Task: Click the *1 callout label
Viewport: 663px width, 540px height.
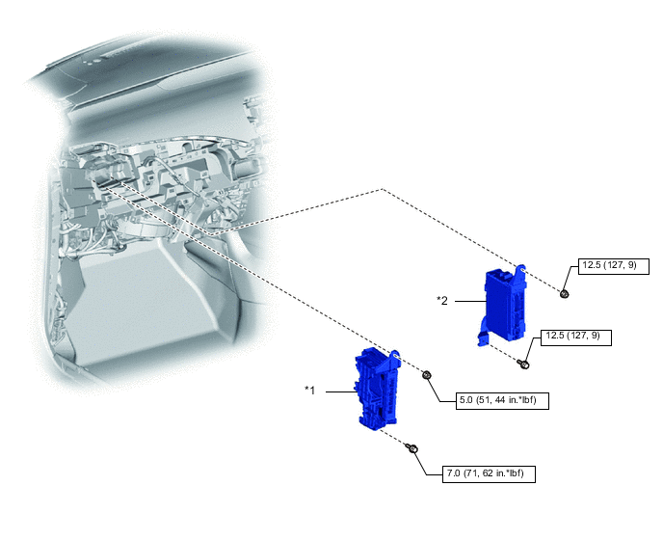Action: pos(310,391)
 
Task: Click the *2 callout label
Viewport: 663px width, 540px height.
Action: pos(442,301)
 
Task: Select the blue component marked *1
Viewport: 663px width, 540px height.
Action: pos(377,389)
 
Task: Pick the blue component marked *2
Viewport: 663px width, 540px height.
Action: pos(503,306)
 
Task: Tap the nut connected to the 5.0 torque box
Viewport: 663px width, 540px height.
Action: pos(427,375)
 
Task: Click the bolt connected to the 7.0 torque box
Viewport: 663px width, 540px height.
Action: pos(411,448)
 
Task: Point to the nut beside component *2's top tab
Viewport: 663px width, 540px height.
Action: pos(564,294)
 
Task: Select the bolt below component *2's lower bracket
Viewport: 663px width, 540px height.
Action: pos(523,364)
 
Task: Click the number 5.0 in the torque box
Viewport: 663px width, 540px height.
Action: pos(466,400)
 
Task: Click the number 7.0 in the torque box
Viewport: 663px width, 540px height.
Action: pos(453,473)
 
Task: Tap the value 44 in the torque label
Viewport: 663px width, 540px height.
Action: pos(500,400)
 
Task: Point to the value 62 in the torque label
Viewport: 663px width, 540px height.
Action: pos(488,473)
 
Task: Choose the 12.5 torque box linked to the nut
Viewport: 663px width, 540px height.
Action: pos(614,266)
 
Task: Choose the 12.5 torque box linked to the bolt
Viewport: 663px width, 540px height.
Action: pos(576,337)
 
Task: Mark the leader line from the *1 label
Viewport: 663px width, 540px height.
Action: pos(341,391)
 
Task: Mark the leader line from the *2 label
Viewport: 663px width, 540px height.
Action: pos(470,301)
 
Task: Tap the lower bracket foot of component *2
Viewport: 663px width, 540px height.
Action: pos(483,338)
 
